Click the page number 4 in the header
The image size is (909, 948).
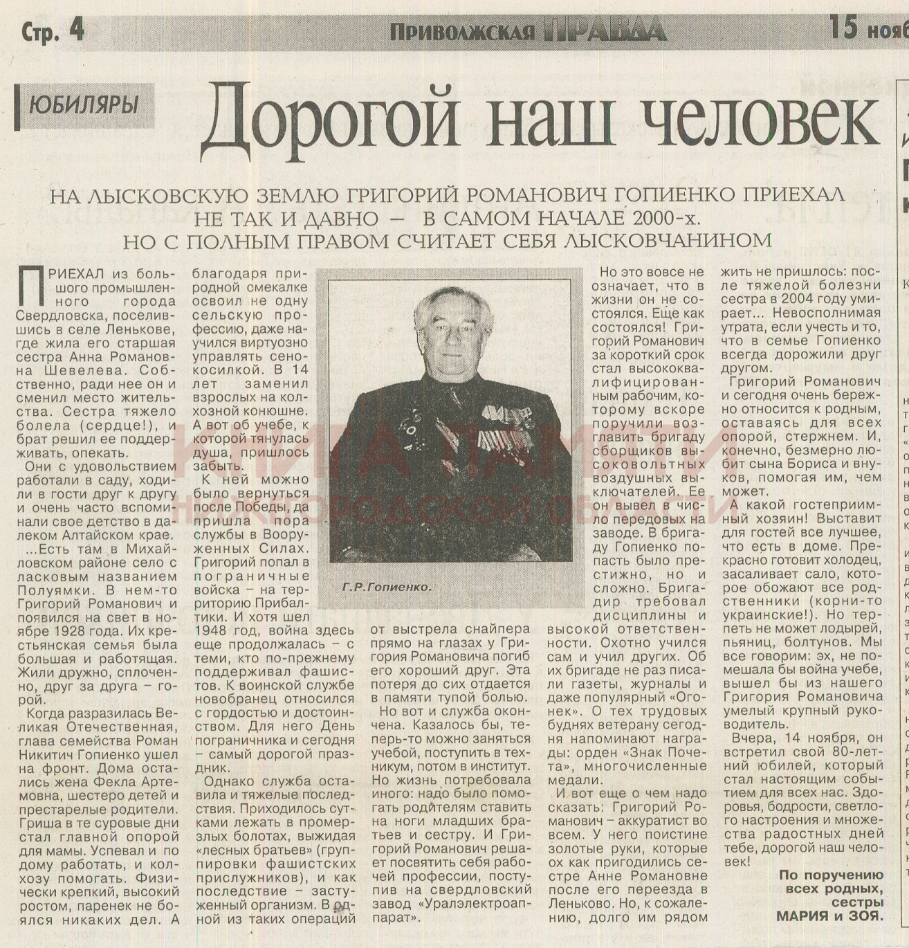[75, 30]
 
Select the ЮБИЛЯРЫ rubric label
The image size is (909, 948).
[84, 105]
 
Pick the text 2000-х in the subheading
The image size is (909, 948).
[665, 219]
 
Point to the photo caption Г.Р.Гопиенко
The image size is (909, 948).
[386, 587]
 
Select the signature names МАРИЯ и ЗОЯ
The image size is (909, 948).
[829, 916]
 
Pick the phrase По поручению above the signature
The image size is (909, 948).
[831, 875]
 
